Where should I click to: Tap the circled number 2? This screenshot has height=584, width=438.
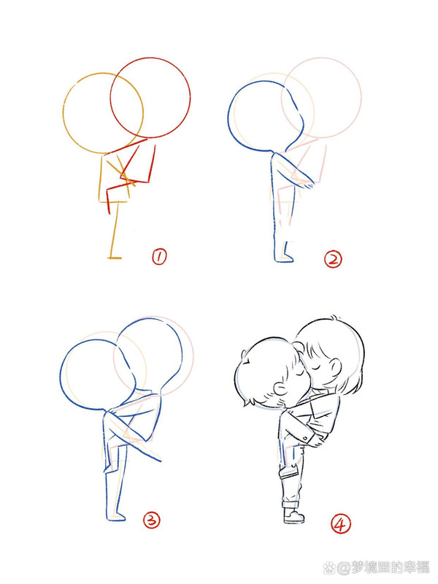(333, 258)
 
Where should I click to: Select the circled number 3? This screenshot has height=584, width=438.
(151, 520)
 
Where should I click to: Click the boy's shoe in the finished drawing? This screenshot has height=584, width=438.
(294, 516)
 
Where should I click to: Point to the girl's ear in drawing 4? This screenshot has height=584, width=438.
(335, 366)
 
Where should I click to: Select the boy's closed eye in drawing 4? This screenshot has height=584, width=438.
(299, 374)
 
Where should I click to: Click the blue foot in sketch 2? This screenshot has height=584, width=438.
(283, 256)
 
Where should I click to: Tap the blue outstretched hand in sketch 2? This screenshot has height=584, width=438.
(312, 184)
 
